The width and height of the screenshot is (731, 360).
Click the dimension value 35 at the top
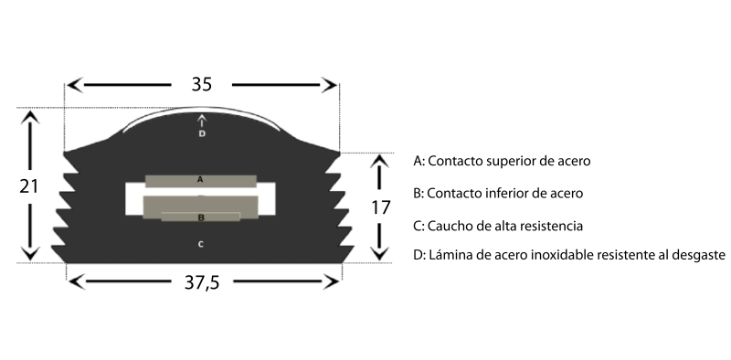201,84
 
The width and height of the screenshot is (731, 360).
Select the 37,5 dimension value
201,282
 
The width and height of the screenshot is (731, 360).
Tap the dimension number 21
28,186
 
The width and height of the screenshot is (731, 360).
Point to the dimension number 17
380,207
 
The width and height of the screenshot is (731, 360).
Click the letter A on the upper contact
200,179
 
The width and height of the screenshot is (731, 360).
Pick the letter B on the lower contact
201,217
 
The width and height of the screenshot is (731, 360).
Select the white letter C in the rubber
200,244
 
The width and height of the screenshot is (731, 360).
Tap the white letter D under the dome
201,133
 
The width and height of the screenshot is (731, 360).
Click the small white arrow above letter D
201,121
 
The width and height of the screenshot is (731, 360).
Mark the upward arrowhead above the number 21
30,117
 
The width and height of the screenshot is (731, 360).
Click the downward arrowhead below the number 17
379,253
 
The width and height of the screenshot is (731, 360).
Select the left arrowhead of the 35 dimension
75,85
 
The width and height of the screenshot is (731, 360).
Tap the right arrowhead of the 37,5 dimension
331,281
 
